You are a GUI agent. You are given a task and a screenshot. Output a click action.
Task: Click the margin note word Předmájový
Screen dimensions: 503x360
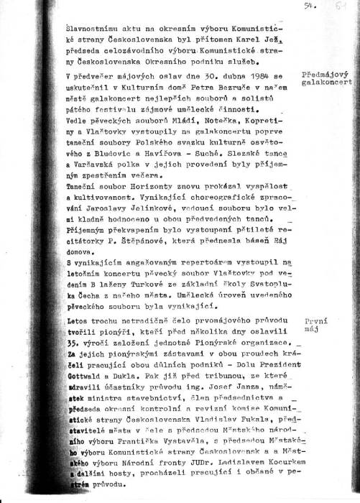coord(328,73)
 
